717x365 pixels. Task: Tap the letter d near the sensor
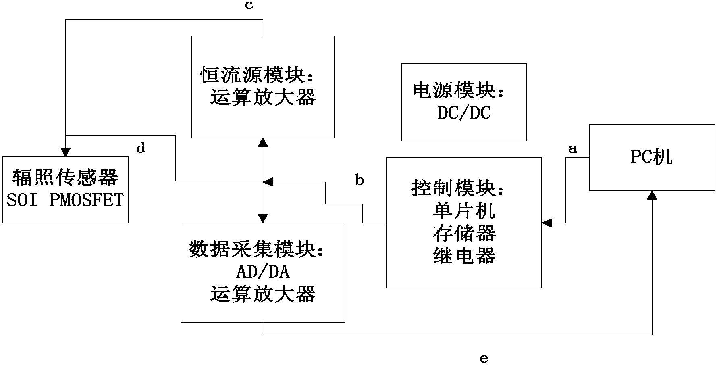pos(141,148)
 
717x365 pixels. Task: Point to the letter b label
pos(360,180)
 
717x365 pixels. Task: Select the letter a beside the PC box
pos(572,149)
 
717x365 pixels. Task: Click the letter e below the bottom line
pos(484,358)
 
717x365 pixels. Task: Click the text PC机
pos(651,157)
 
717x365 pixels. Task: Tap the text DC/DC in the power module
pos(464,114)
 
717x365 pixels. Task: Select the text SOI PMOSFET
pos(65,200)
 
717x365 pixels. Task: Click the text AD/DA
pos(263,272)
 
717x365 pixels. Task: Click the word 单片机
pos(464,211)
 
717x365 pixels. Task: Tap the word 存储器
pos(464,233)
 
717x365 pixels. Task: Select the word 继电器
pos(464,256)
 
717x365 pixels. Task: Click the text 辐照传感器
pos(65,178)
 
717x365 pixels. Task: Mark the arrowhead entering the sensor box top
pos(65,152)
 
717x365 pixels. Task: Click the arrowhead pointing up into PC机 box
pos(652,195)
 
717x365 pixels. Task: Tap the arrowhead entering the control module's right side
pos(547,223)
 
